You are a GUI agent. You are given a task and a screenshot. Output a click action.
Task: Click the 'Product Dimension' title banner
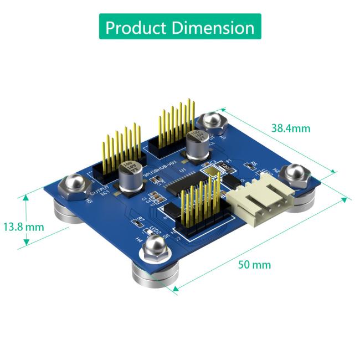pos(179,27)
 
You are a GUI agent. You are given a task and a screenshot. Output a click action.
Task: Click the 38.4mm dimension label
pos(290,128)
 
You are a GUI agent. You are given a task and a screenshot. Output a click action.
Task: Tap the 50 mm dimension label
pos(254,264)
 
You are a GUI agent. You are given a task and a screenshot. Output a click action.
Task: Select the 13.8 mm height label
pos(23,227)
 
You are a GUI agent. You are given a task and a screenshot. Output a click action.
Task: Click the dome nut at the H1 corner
pos(211,123)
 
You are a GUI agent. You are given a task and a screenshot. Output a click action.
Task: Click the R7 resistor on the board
pos(137,222)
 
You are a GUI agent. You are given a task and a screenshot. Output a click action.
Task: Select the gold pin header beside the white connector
pos(200,210)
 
